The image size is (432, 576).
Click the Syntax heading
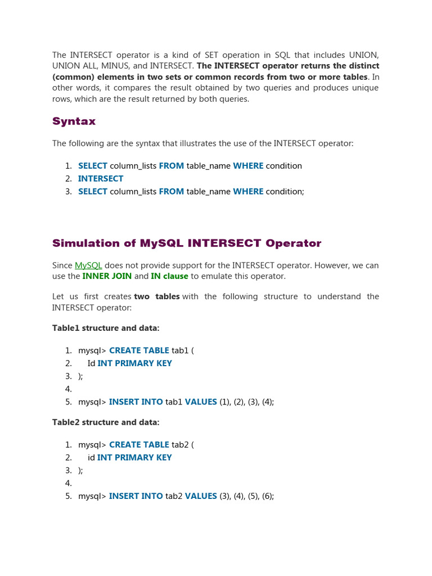click(x=74, y=121)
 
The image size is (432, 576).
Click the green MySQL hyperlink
click(x=88, y=265)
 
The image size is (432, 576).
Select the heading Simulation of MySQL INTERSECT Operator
click(x=187, y=244)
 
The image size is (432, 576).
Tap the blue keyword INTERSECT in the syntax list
click(x=101, y=179)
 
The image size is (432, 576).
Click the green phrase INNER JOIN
click(x=107, y=276)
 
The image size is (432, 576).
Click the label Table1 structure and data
click(x=106, y=328)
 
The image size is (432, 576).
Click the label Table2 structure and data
click(x=106, y=422)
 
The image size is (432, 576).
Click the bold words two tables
click(x=157, y=296)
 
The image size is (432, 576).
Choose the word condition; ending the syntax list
click(x=285, y=192)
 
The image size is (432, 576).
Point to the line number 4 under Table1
click(x=68, y=389)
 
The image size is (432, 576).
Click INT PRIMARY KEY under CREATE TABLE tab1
click(x=134, y=363)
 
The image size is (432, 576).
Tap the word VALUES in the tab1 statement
click(x=201, y=402)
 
